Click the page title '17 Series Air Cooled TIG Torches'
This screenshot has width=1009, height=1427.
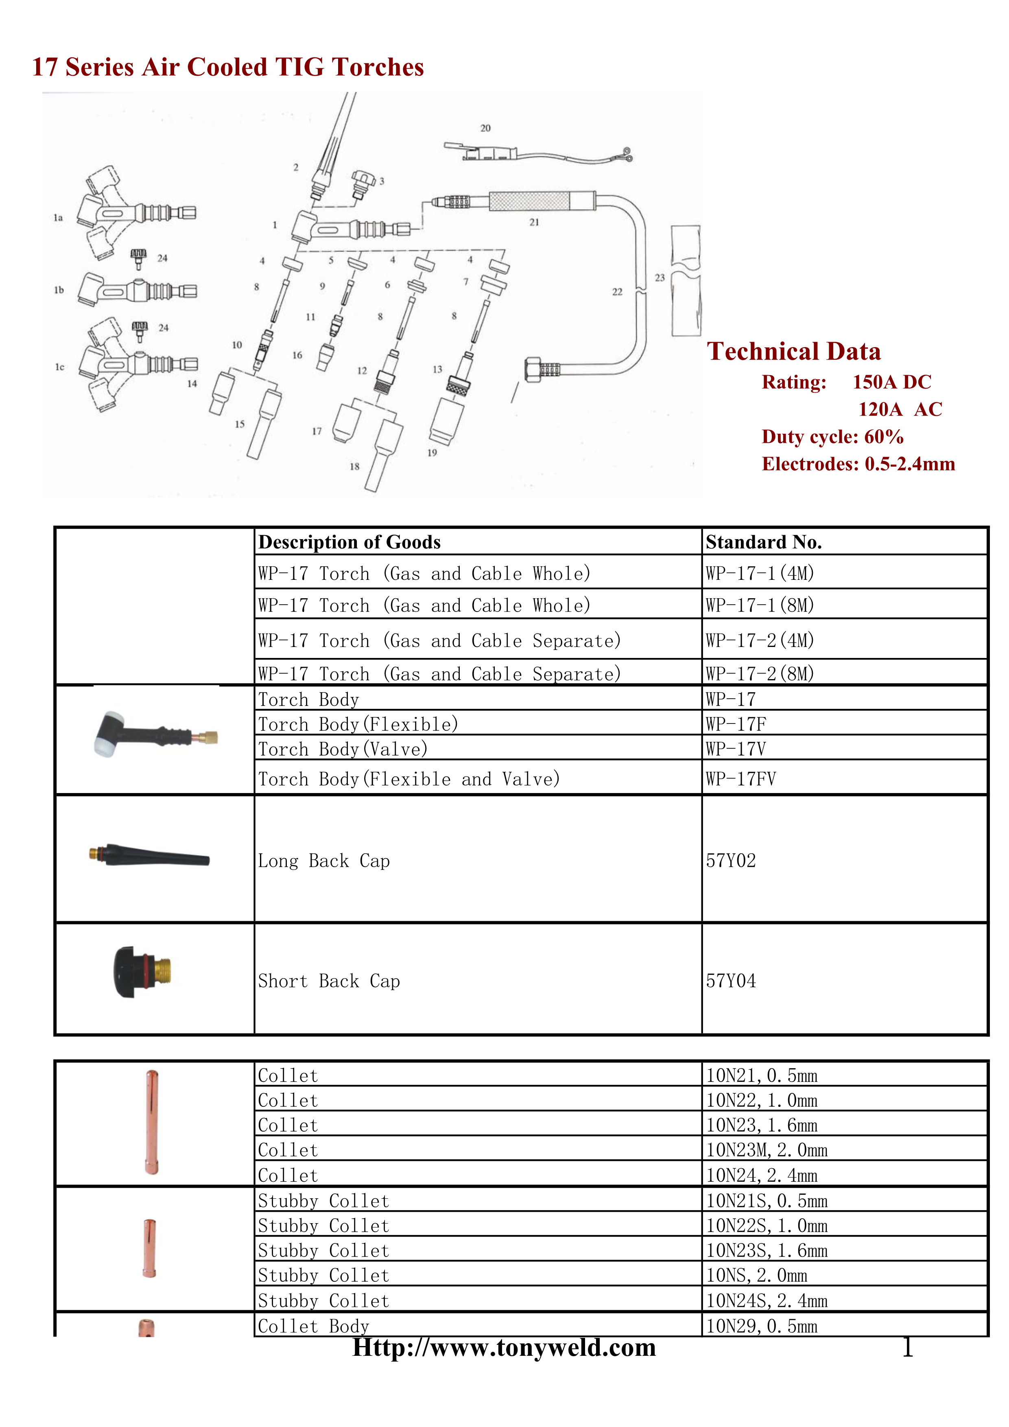[227, 67]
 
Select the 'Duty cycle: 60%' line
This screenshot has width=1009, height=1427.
[832, 437]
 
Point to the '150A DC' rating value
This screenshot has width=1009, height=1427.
[891, 382]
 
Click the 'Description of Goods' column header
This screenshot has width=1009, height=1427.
[349, 542]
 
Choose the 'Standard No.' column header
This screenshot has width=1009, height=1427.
[764, 542]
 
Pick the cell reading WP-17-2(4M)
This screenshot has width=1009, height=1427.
[760, 640]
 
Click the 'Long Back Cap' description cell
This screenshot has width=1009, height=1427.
[324, 861]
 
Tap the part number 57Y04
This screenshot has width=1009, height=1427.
[731, 981]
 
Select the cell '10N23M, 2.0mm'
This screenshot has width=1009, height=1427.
[767, 1150]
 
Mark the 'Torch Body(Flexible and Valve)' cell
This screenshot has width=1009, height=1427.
[409, 779]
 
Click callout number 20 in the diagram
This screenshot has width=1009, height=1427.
[485, 128]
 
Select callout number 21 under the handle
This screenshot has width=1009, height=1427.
[534, 222]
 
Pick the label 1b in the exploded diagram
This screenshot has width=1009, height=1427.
[59, 290]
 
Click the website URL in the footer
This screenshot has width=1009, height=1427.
[504, 1347]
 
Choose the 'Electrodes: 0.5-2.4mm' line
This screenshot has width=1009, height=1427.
[858, 464]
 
